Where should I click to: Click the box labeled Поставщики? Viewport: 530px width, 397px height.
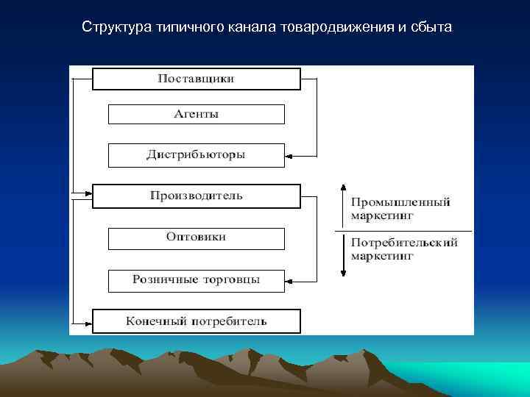click(x=196, y=79)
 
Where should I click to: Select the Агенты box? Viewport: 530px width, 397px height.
click(x=196, y=114)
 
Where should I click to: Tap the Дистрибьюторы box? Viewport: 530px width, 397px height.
click(x=196, y=155)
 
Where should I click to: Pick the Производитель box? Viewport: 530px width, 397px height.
click(x=196, y=196)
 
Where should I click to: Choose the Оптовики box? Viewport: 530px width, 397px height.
click(x=196, y=238)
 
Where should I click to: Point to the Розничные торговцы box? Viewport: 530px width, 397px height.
click(x=196, y=280)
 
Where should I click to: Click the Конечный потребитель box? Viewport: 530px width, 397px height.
click(x=196, y=321)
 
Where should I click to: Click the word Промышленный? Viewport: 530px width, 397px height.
click(x=400, y=202)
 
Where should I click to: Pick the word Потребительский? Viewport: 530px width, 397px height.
click(x=404, y=243)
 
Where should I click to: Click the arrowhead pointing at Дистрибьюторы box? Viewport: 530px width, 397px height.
click(x=289, y=156)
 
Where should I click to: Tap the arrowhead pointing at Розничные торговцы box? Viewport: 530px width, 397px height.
click(x=289, y=280)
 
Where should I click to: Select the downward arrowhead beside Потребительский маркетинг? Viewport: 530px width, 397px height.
click(x=342, y=273)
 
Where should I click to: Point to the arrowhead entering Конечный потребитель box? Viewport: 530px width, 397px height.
click(x=88, y=321)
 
